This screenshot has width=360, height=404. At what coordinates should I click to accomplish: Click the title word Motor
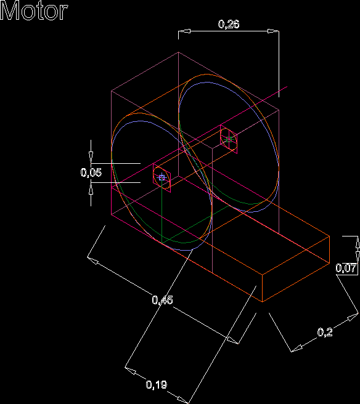coord(34,10)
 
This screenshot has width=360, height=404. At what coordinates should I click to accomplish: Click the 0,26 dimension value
coord(229,24)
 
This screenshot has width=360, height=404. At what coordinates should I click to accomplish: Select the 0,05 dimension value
coord(91,172)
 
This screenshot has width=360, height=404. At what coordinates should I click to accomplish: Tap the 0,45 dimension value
coord(163,300)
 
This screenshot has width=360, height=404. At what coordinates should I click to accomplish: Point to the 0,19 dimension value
coord(157,385)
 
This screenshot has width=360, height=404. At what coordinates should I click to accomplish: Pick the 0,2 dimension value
coord(325,332)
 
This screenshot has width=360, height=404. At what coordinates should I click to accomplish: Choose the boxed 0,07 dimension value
coord(346,269)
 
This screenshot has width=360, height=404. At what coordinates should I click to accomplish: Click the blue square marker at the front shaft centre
coord(162,177)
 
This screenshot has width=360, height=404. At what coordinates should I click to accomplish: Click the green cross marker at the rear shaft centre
coord(229,140)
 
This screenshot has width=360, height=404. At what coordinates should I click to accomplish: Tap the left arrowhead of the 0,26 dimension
coord(185,31)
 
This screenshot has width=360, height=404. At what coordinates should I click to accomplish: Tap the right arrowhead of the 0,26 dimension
coord(273,31)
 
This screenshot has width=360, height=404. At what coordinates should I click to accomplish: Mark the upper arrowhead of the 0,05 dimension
coord(91,158)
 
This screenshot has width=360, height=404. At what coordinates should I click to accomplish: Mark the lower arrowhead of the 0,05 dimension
coord(91,188)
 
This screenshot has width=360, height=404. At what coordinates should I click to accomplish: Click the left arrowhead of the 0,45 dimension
coord(93,261)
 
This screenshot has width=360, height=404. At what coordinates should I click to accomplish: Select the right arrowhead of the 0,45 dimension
coord(232,340)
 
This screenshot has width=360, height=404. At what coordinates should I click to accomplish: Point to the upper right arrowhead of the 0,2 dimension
coord(353,317)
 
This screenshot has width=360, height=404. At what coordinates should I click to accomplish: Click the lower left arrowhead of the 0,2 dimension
coord(297,349)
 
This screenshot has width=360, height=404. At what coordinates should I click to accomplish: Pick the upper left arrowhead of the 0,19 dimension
coord(131,371)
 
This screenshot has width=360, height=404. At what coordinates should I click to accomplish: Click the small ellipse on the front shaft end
coord(162,177)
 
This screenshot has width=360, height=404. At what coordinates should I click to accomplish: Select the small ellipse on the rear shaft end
coord(229,139)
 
